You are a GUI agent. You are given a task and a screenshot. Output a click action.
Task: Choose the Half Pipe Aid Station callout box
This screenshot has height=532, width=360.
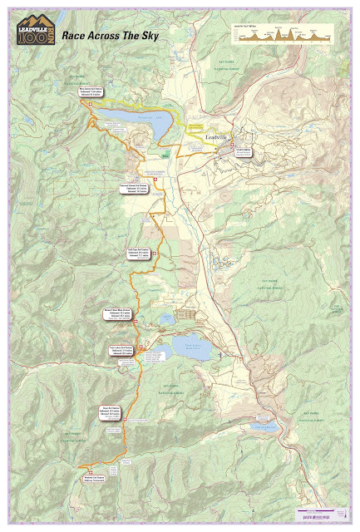point(139,254)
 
